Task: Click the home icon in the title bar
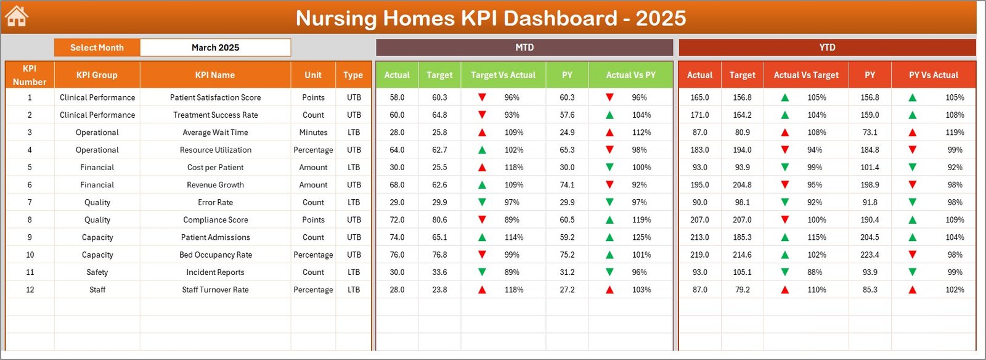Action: pos(17,16)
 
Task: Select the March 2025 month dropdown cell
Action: pos(215,47)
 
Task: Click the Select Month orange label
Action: pos(97,47)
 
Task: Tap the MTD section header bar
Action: pos(524,47)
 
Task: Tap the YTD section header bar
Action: pos(827,47)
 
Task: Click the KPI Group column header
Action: pos(97,75)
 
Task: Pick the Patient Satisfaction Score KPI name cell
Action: pos(215,97)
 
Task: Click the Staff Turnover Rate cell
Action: pos(215,290)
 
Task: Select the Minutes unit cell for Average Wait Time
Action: pos(313,133)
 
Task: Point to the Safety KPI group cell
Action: pos(97,272)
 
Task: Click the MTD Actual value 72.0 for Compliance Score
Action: pos(397,220)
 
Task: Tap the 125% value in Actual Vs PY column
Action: pos(642,237)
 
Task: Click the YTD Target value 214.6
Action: pos(742,255)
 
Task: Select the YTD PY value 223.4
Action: pos(870,255)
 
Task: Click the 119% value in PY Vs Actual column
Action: pos(955,133)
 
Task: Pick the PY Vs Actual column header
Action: pos(933,75)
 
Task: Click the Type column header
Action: pos(353,75)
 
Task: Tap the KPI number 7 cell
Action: pos(30,202)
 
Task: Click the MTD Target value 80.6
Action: pos(439,220)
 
